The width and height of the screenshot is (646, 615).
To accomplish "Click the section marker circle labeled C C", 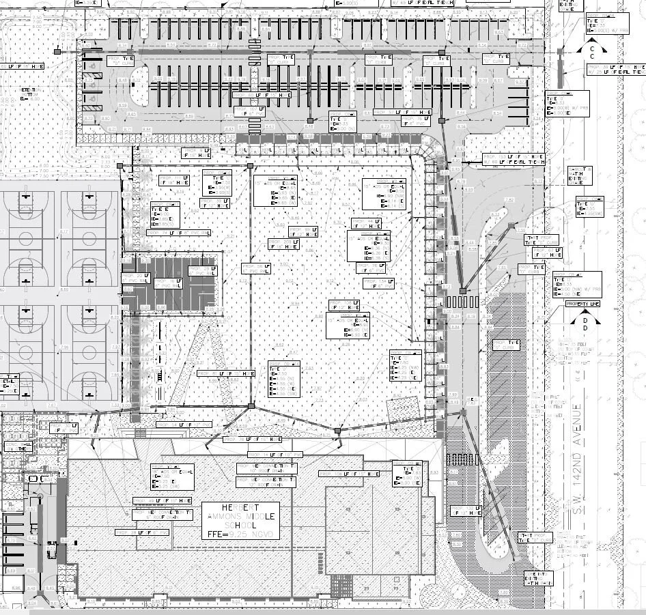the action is pyautogui.click(x=591, y=51).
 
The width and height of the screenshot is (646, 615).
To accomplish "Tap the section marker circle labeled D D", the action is pyautogui.click(x=585, y=324).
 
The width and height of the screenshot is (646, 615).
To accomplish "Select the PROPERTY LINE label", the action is pyautogui.click(x=582, y=303).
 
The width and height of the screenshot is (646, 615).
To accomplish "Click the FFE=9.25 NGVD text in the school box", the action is pyautogui.click(x=240, y=534).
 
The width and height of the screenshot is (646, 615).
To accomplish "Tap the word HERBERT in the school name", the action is pyautogui.click(x=240, y=508).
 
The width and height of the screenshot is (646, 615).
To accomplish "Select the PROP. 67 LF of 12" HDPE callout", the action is pyautogui.click(x=465, y=511).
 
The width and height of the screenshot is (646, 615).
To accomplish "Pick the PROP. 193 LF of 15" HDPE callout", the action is pyautogui.click(x=226, y=374).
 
